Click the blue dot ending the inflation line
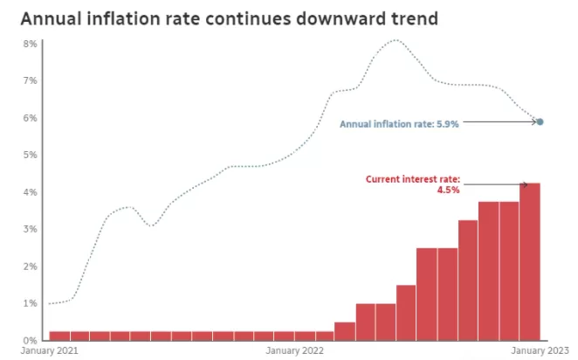(x=540, y=121)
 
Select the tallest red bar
(x=530, y=261)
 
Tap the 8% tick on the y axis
(x=31, y=44)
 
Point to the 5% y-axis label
(x=31, y=155)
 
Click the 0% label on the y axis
(x=31, y=341)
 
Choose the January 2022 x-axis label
(x=294, y=350)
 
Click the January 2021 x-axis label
(x=50, y=350)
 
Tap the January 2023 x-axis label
(x=540, y=350)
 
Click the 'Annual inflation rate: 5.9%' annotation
(x=399, y=124)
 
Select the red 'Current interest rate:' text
(x=413, y=179)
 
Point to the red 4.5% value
(x=448, y=190)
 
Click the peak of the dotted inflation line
(x=396, y=40)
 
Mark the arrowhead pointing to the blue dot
(x=533, y=121)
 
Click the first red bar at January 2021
(x=59, y=336)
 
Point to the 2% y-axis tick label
(x=31, y=267)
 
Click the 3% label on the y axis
(x=31, y=229)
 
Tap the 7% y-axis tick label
(x=31, y=80)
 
